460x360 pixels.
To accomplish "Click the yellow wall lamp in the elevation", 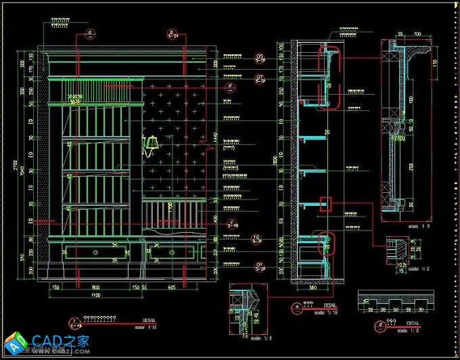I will point(152,144).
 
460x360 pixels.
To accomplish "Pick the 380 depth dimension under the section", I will point(312,288).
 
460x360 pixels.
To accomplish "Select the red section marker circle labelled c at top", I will point(90,32).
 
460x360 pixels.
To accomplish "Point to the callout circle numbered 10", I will point(256,238).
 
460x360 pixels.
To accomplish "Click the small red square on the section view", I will point(325,203).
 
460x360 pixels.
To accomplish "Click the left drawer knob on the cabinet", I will point(95,252).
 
